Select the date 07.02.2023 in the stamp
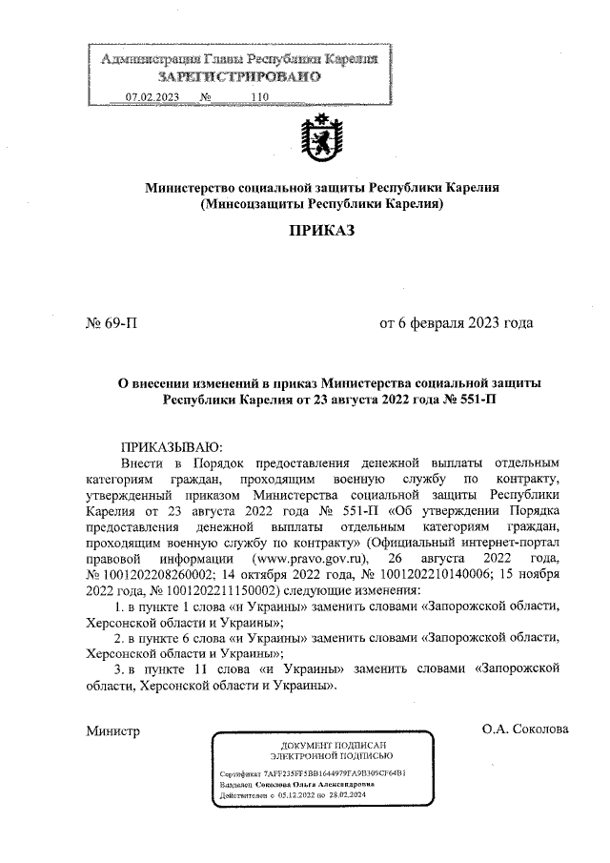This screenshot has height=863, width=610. pyautogui.click(x=152, y=96)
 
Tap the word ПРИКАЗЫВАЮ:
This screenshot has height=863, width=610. pyautogui.click(x=171, y=446)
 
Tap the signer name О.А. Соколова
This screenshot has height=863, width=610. pyautogui.click(x=525, y=730)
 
